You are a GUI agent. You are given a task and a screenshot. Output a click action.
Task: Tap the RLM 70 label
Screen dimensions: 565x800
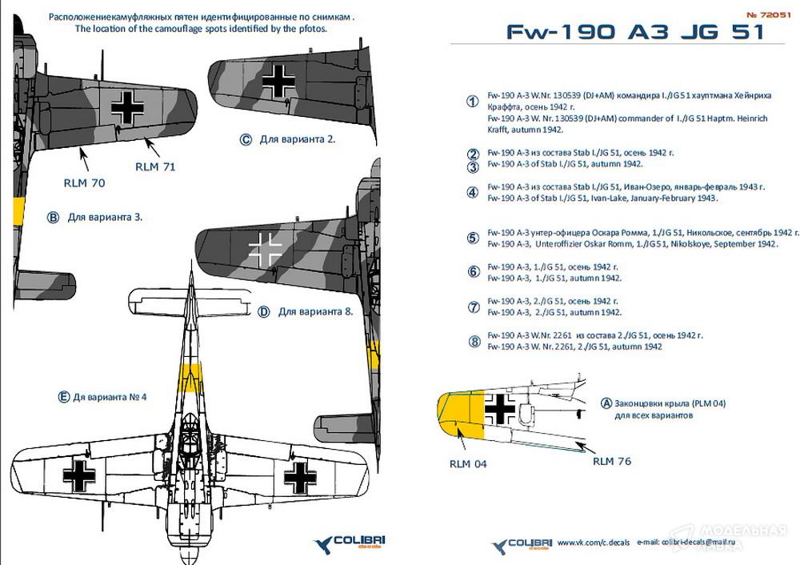84,182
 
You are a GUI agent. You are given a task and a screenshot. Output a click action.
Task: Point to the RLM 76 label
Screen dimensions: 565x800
613,460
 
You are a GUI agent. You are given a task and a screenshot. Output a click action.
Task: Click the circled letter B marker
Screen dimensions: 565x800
54,217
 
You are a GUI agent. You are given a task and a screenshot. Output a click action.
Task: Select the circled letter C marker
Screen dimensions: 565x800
246,139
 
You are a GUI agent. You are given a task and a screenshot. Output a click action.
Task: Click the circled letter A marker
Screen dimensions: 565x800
606,404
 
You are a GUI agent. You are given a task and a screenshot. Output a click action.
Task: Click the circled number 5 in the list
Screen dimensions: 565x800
473,238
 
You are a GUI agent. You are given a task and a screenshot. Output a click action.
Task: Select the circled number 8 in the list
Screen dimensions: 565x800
473,341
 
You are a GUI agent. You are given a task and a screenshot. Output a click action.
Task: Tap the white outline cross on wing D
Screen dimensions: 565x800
265,248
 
